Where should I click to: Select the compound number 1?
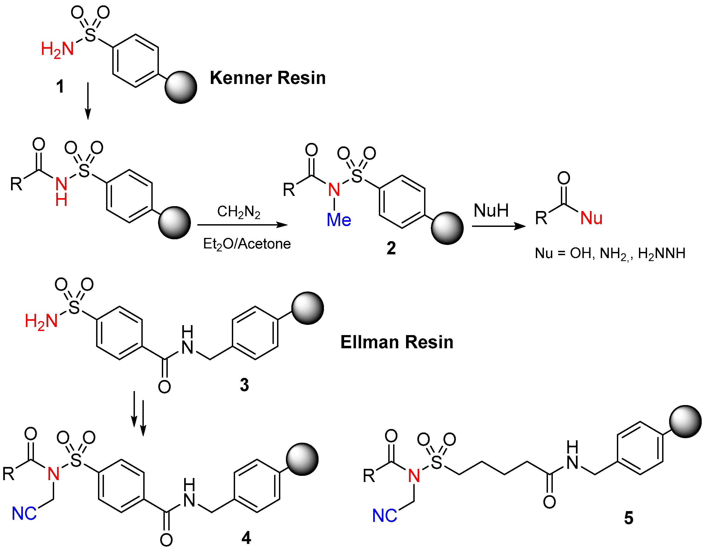60,87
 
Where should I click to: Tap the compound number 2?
391,248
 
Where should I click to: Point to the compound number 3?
244,385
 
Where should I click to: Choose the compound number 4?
246,538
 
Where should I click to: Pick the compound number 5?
629,518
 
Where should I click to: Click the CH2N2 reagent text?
239,212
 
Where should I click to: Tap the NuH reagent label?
491,210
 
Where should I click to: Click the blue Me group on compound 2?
339,220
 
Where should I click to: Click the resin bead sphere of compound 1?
181,87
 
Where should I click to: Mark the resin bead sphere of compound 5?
685,421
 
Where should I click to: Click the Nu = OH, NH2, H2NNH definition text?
610,253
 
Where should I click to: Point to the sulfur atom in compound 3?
74,307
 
